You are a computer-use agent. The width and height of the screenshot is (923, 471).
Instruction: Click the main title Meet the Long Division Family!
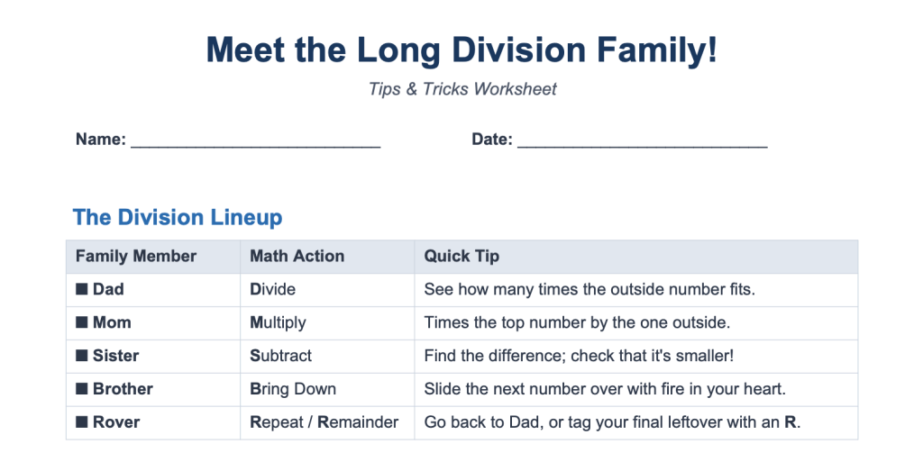click(x=461, y=50)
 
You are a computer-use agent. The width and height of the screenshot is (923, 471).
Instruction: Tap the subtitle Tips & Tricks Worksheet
click(x=462, y=89)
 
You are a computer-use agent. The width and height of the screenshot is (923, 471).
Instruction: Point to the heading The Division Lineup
click(x=178, y=217)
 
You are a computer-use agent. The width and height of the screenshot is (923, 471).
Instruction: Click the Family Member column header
click(x=136, y=257)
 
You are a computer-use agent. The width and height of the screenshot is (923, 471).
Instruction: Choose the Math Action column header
click(x=297, y=257)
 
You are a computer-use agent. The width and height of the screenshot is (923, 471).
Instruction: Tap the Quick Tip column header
click(x=461, y=257)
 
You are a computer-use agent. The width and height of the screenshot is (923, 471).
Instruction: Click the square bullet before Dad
click(x=82, y=289)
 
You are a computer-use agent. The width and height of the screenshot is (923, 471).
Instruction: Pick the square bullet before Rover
click(x=82, y=422)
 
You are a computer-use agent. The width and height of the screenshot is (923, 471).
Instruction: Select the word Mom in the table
click(x=112, y=322)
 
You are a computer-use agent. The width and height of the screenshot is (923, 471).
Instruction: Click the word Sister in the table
click(x=116, y=356)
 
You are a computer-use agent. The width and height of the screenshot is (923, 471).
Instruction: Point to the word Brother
click(x=123, y=389)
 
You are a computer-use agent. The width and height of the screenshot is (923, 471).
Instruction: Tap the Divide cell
click(x=272, y=289)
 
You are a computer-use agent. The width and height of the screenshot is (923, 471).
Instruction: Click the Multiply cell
click(x=278, y=322)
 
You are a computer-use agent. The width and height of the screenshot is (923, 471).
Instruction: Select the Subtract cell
click(x=281, y=356)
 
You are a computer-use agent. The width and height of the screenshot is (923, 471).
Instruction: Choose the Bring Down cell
click(x=293, y=389)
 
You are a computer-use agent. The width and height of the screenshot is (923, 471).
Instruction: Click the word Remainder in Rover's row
click(x=358, y=422)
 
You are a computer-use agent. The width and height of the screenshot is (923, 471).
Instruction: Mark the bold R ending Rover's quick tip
click(x=790, y=422)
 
